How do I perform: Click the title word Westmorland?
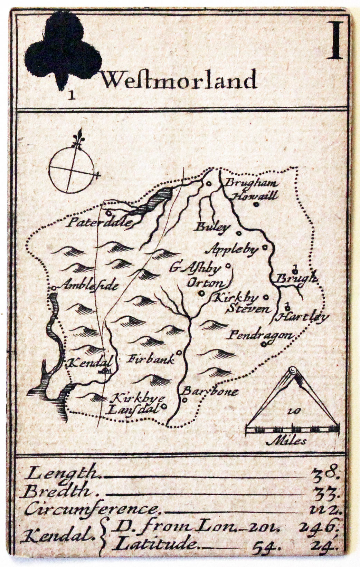[179, 80]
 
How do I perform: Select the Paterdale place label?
[100, 222]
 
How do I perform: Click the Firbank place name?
[151, 359]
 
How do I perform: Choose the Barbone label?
[210, 391]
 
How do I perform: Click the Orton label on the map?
[205, 283]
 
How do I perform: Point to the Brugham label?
[251, 183]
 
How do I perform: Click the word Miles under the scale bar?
[286, 441]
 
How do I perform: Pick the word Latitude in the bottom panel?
[154, 545]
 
